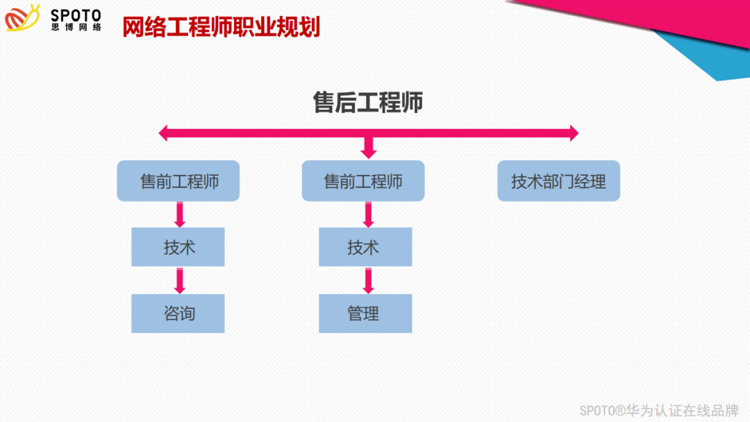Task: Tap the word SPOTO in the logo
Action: click(76, 14)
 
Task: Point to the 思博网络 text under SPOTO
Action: click(76, 27)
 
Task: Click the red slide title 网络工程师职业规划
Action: click(221, 27)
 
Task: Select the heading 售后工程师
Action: click(368, 103)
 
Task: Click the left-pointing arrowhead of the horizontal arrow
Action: click(163, 133)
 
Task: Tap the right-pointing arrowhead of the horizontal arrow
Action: click(574, 133)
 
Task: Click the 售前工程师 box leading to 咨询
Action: click(178, 181)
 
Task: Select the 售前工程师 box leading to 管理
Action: click(363, 181)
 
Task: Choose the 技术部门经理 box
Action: click(558, 181)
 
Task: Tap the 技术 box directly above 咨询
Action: click(178, 247)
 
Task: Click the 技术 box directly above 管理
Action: click(365, 247)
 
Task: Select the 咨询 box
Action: click(178, 313)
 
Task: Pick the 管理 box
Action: click(365, 313)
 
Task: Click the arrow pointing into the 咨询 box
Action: click(180, 280)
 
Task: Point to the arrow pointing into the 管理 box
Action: click(369, 280)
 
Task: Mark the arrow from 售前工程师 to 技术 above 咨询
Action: click(180, 214)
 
